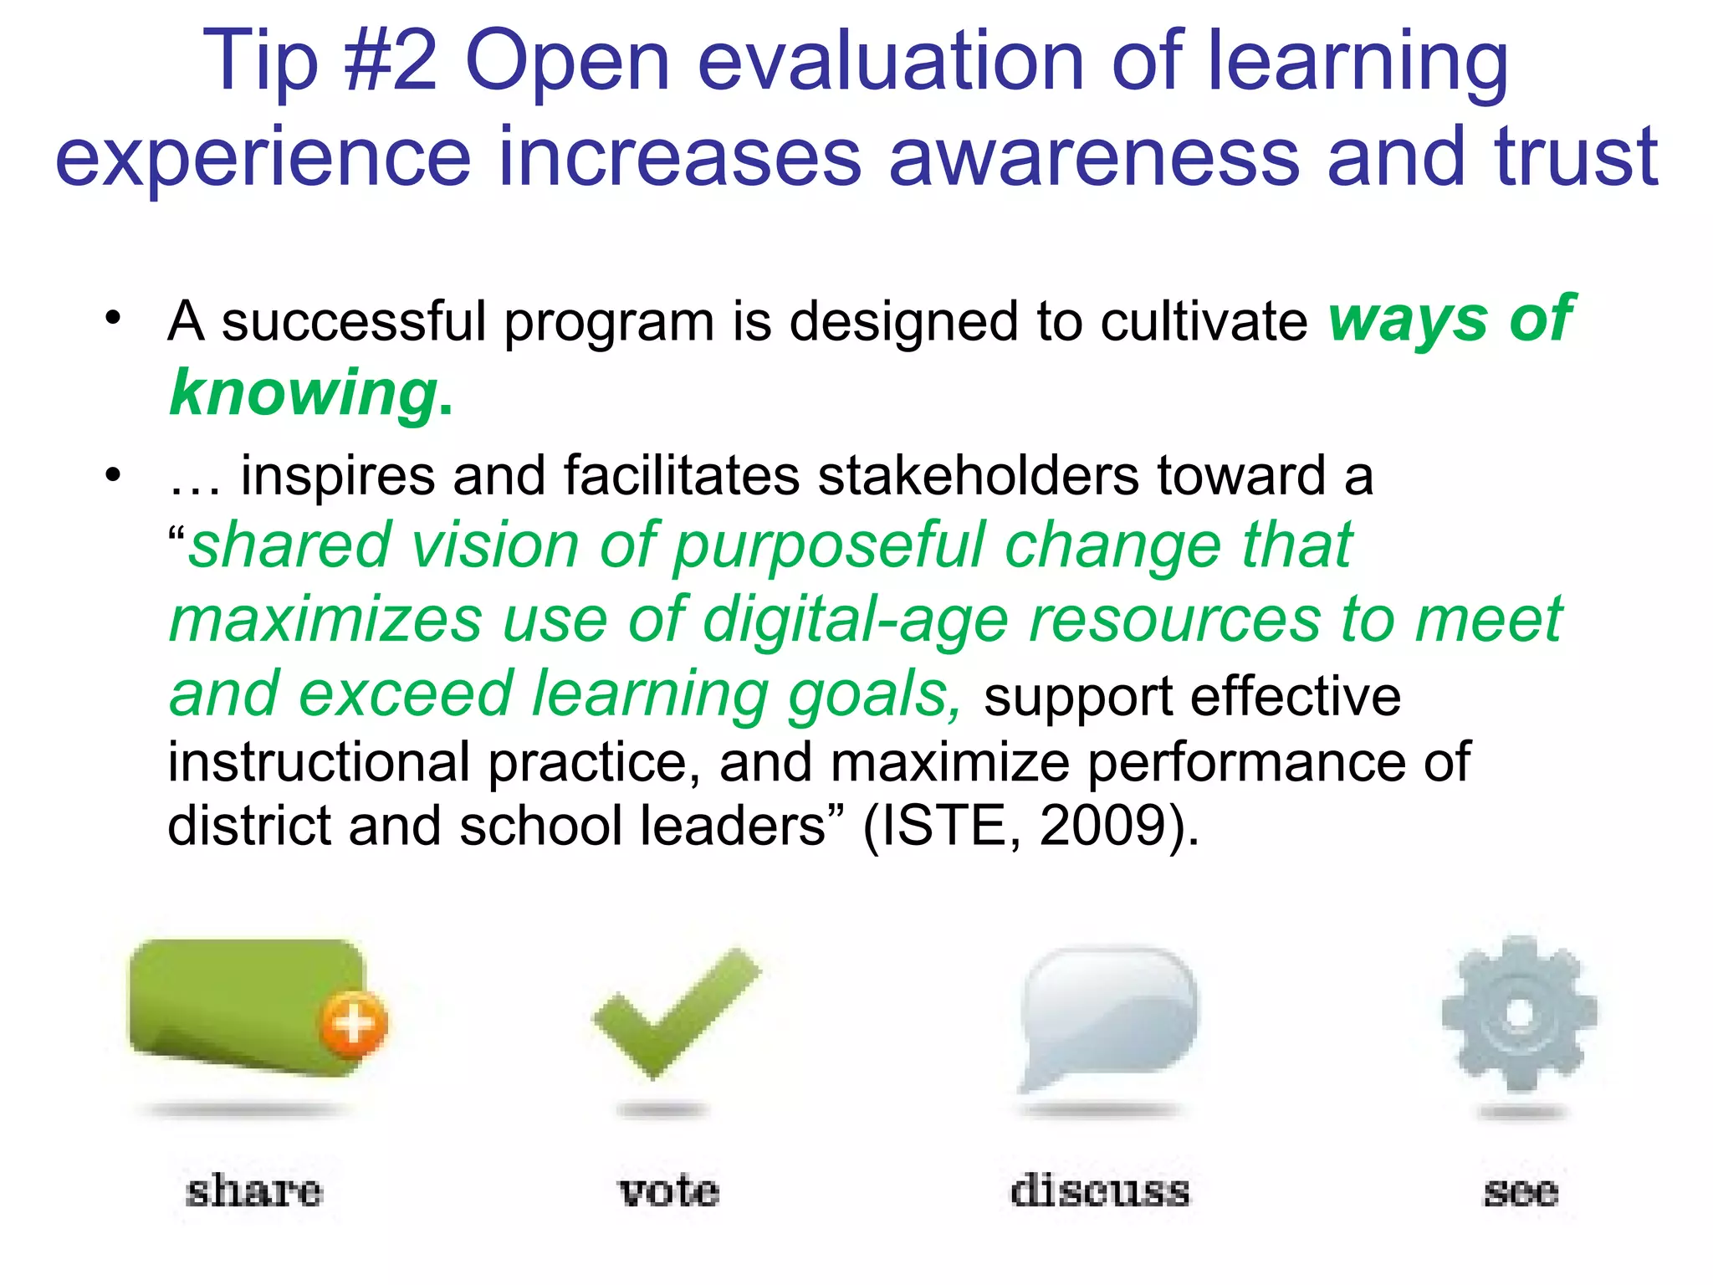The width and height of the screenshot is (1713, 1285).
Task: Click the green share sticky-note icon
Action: tap(243, 1004)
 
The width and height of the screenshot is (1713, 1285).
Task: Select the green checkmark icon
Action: tap(676, 1012)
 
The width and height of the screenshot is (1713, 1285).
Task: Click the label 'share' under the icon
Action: tap(253, 1190)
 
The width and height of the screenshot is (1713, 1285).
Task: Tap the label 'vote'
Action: tap(668, 1190)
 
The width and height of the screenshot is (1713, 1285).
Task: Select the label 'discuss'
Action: tap(1100, 1190)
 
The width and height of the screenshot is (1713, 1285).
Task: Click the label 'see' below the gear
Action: tap(1521, 1191)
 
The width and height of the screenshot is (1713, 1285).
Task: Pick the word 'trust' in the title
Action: tap(1576, 156)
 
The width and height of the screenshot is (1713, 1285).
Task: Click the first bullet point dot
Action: tap(113, 318)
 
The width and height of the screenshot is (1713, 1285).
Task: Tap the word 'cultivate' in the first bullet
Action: tap(1204, 321)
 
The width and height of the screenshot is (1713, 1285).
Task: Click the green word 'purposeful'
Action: tap(828, 546)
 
